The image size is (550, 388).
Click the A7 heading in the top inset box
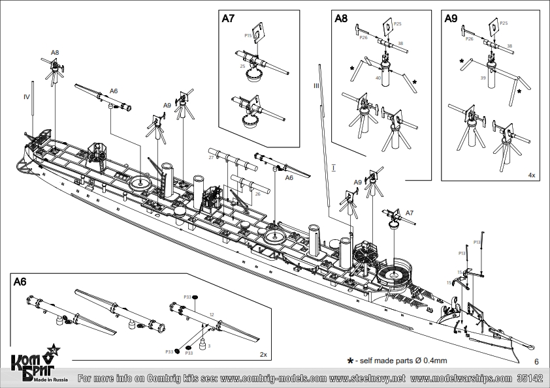(228, 19)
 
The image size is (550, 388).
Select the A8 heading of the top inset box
(341, 19)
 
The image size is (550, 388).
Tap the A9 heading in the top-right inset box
(451, 19)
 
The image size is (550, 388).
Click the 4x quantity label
(532, 175)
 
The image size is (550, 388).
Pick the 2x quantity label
(263, 355)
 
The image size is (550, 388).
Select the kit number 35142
(529, 378)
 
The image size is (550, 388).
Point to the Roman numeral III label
(315, 85)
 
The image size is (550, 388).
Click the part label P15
(248, 35)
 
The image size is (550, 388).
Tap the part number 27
(211, 158)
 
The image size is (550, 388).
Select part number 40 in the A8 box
(378, 78)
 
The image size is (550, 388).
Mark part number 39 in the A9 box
(483, 78)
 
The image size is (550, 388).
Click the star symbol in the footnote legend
(350, 360)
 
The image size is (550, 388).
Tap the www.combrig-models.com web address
(274, 378)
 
